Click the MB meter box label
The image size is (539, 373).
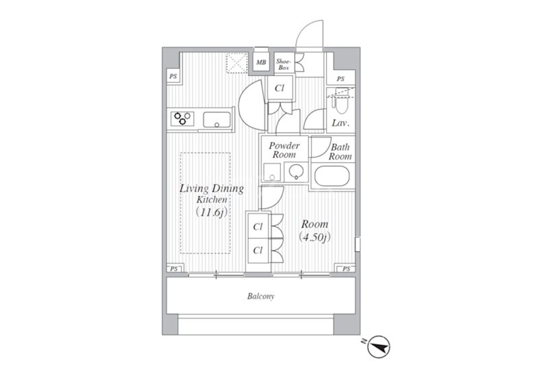pyautogui.click(x=261, y=63)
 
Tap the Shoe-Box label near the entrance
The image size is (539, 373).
pyautogui.click(x=284, y=65)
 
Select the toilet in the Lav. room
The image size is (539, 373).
pyautogui.click(x=342, y=102)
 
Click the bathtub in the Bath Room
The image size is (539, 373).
pyautogui.click(x=332, y=176)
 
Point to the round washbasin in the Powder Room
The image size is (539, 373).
pyautogui.click(x=296, y=172)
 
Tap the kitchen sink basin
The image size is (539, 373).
pyautogui.click(x=216, y=120)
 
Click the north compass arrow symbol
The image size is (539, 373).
pyautogui.click(x=378, y=347)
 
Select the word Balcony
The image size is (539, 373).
pyautogui.click(x=261, y=296)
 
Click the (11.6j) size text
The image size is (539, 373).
pyautogui.click(x=212, y=212)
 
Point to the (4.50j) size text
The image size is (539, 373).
pyautogui.click(x=315, y=236)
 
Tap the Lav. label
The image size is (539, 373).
pyautogui.click(x=341, y=123)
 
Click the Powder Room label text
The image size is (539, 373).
pyautogui.click(x=284, y=150)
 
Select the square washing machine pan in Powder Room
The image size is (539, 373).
pyautogui.click(x=272, y=172)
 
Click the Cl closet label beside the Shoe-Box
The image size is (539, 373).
pyautogui.click(x=280, y=88)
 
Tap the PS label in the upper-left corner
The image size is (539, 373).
pyautogui.click(x=173, y=76)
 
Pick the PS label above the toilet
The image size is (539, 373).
pyautogui.click(x=341, y=79)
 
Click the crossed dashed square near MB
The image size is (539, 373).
pyautogui.click(x=237, y=63)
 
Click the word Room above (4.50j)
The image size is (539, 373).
pyautogui.click(x=315, y=224)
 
